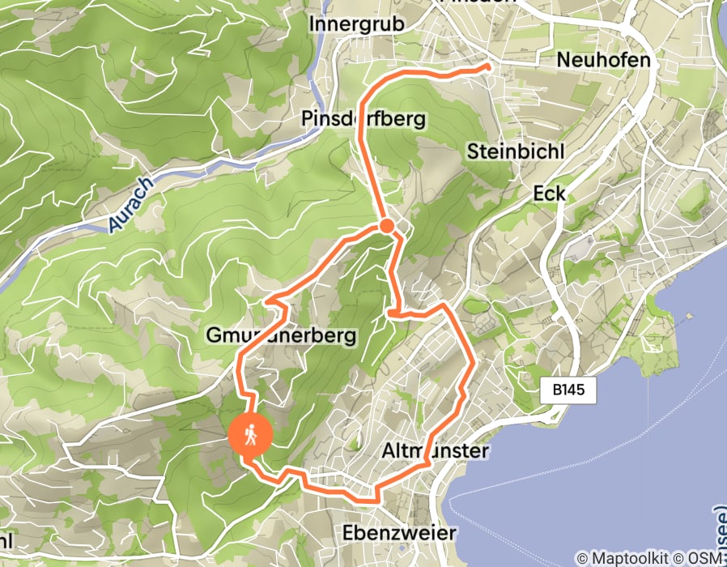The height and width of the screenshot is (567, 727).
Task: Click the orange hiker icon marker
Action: pos(251,436)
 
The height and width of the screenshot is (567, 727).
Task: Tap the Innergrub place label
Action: pos(356,24)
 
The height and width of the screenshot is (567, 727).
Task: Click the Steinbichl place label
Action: pos(515,152)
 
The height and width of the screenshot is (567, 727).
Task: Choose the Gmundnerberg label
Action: pos(281,335)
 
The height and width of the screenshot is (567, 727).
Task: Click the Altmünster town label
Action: pos(435,450)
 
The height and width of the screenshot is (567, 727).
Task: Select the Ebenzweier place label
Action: pos(399,533)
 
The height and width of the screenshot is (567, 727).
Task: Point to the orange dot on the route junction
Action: pos(387,226)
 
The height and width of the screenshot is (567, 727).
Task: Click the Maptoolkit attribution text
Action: pos(631,558)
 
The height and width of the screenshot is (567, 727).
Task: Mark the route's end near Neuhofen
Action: pos(489,69)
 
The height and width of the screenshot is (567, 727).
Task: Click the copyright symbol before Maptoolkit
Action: pos(582,558)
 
